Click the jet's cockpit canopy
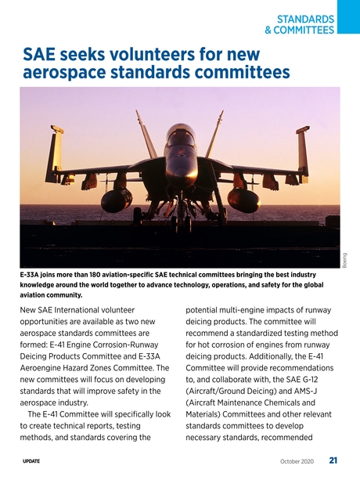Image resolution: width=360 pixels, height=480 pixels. click(x=179, y=134)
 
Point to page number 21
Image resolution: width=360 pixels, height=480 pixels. click(x=333, y=460)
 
